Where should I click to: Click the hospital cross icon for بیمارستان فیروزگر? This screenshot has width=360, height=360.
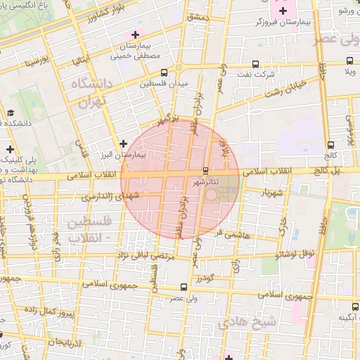tap(283, 11)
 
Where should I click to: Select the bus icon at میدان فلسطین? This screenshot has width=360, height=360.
tap(164, 72)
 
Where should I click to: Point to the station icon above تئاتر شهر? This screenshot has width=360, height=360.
tap(205, 171)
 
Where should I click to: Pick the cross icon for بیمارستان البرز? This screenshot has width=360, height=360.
tap(124, 143)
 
